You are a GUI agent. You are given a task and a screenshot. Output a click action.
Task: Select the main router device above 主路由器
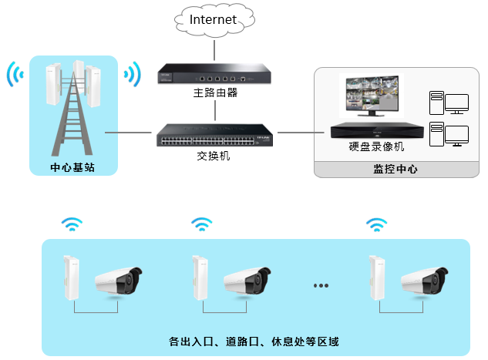click(x=215, y=76)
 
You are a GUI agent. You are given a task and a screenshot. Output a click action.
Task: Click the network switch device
click(x=215, y=135)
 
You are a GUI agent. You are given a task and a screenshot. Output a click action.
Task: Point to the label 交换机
click(x=214, y=156)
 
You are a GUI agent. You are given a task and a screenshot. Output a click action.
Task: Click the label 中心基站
click(x=72, y=167)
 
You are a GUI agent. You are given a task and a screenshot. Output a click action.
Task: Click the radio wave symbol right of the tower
click(x=133, y=75)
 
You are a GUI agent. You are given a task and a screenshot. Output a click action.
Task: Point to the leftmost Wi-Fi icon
click(x=72, y=225)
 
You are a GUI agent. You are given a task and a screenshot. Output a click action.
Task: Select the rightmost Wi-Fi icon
click(x=376, y=225)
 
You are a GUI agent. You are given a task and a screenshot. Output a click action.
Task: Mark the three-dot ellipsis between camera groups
click(x=321, y=285)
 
